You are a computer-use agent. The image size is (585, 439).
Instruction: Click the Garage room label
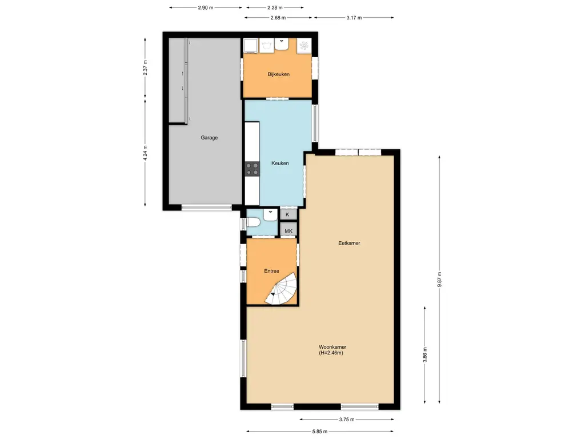pos(209,137)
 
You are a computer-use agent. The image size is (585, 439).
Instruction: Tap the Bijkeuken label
pos(278,74)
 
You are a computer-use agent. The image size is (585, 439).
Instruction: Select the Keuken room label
pos(280,163)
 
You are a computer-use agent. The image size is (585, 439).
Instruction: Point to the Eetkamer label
pos(348,243)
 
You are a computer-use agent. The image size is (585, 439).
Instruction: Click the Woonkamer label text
pos(333,347)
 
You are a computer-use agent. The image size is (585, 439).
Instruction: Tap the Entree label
pos(271,271)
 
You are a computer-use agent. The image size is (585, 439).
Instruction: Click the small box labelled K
pos(288,214)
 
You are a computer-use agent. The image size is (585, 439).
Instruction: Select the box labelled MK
pos(289,231)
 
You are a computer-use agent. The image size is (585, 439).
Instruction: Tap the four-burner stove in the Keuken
pos(252,168)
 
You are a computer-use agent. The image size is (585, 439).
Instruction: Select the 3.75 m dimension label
pos(347,420)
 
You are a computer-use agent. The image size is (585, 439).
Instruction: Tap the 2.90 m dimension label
pos(206,8)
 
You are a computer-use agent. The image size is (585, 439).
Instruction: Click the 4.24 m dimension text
pos(145,153)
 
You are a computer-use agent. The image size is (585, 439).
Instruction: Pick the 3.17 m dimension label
pos(354,17)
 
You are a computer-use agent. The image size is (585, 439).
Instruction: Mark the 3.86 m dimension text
pos(425,354)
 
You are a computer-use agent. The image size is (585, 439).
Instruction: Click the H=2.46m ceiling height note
pos(331,353)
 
